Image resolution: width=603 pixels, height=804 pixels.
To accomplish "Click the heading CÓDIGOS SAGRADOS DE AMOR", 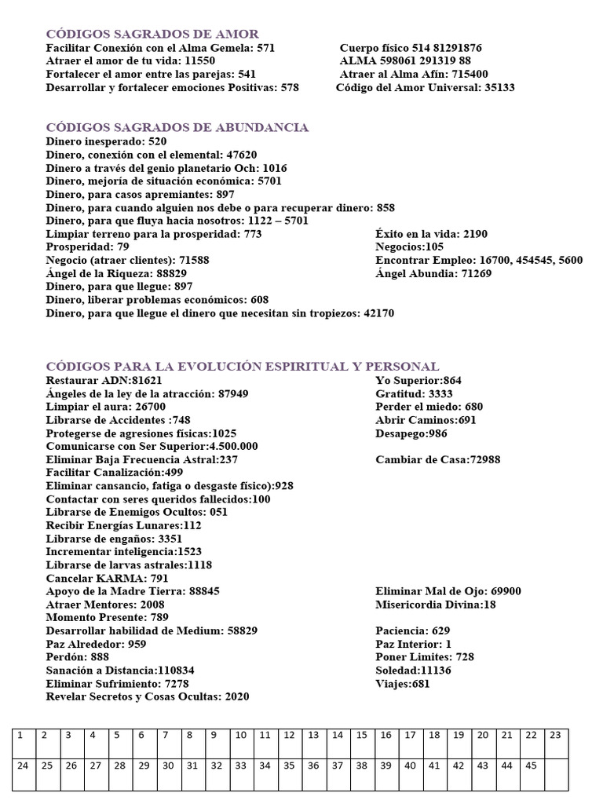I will coord(152,34).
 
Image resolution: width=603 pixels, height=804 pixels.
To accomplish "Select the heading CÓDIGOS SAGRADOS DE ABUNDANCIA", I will coord(177,127).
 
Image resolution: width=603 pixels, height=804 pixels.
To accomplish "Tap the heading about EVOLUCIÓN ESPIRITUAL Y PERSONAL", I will coord(243,367).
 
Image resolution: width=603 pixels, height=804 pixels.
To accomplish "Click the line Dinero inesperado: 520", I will coord(106,141).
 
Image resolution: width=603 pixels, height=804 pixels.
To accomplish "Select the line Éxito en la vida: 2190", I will coord(431,234).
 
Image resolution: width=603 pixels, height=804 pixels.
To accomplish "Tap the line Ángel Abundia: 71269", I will coord(433,274).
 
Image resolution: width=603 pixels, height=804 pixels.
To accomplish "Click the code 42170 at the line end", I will coord(378,313).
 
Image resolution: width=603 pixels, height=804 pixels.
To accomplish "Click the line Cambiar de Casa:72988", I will coord(437,460).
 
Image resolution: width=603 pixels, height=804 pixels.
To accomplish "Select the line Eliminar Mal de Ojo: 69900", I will coord(448,591).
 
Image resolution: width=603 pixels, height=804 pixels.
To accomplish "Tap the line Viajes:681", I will coord(403,685).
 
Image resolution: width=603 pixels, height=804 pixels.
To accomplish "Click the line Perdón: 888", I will coord(78,657).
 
